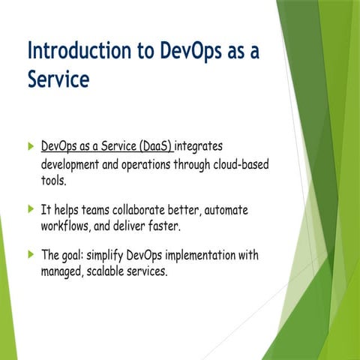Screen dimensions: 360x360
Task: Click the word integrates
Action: [199, 144]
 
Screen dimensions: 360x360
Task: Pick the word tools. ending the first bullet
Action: [54, 181]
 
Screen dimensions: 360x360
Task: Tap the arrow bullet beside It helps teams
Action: [30, 208]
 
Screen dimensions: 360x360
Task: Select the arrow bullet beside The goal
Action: [30, 254]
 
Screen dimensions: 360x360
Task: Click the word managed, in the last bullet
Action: [62, 271]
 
